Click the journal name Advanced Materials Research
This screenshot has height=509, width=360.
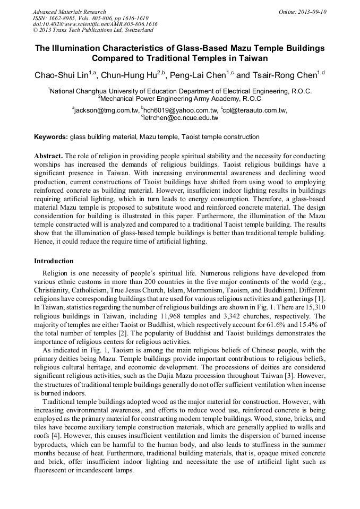[69, 12]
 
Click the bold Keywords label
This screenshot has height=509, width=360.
[51, 137]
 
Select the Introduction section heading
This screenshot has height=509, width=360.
[54, 261]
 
